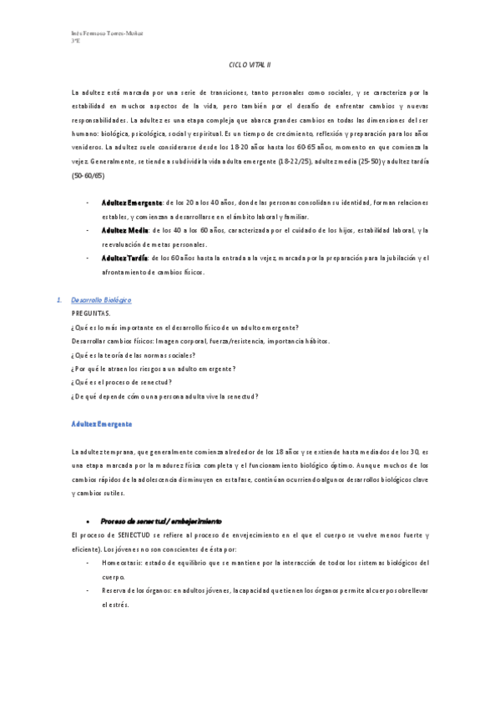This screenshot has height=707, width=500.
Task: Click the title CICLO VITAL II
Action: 250,64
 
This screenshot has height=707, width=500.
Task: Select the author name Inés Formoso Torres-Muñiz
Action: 108,33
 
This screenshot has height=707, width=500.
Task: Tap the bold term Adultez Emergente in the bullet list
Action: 132,203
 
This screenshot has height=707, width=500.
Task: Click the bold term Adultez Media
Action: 124,230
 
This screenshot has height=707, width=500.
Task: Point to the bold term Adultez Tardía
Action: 126,258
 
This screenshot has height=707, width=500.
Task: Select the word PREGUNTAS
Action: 91,313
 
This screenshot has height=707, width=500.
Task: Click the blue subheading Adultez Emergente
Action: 102,424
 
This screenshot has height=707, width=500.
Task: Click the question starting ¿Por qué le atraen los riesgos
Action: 154,369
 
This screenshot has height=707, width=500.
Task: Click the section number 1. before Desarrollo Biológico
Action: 58,299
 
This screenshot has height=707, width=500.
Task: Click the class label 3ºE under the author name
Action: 76,41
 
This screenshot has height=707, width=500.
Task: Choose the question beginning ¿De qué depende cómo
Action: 165,396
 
